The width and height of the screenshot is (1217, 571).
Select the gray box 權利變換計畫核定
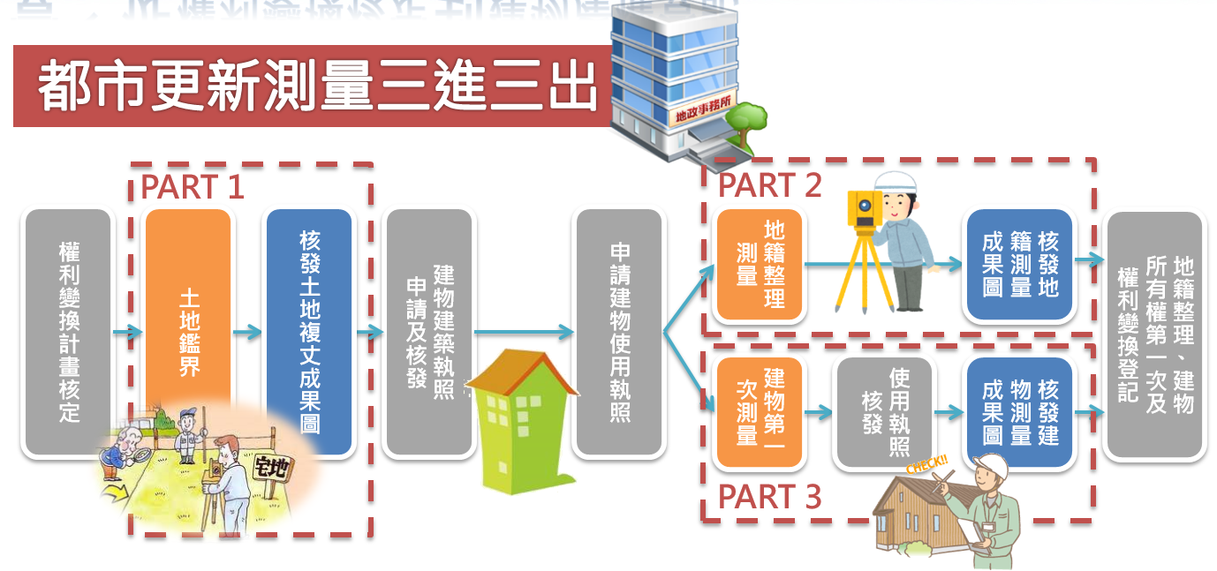[x=69, y=332]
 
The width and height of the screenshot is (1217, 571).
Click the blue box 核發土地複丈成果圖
[x=309, y=332]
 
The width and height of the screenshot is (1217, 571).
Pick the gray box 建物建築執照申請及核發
[x=429, y=332]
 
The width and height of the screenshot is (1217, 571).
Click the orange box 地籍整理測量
[x=760, y=265]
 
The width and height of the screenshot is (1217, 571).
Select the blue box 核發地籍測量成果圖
[x=1019, y=265]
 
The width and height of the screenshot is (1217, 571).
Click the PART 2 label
[x=769, y=185]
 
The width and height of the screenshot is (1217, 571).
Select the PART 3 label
[x=769, y=497]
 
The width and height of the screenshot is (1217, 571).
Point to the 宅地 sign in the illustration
[x=269, y=467]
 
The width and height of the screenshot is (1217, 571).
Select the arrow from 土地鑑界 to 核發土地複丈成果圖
[x=248, y=333]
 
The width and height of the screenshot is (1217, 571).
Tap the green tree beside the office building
[x=749, y=120]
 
